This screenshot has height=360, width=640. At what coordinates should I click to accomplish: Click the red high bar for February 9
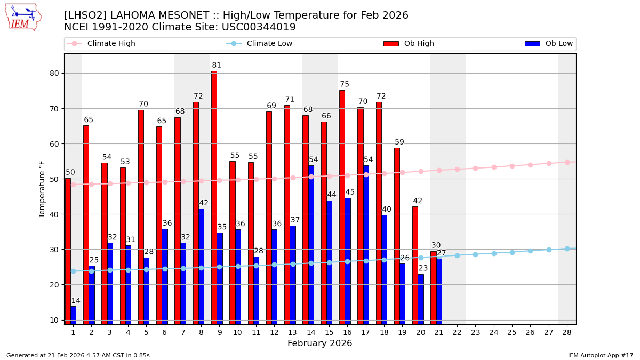point(214,197)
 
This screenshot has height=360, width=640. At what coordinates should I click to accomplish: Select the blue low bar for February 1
point(73,315)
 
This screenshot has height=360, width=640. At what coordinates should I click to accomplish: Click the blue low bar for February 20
point(421,299)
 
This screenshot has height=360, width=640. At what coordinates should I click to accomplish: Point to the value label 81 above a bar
point(217,66)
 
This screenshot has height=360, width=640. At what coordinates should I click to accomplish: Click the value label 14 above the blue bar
point(76,301)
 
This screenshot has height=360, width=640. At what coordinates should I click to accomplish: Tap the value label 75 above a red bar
point(345,84)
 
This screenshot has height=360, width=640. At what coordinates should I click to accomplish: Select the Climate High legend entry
point(111,44)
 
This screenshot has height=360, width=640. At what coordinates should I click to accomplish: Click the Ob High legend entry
point(419,44)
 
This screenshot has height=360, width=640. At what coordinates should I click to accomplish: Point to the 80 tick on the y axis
point(54,74)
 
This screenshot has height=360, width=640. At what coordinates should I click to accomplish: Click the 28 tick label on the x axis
point(567,332)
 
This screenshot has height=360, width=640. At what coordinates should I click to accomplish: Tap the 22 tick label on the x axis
point(457,332)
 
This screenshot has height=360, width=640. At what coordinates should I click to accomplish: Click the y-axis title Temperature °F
point(42,189)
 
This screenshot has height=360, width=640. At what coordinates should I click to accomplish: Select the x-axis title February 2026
point(320,343)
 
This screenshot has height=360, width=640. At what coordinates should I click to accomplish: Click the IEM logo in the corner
point(23,17)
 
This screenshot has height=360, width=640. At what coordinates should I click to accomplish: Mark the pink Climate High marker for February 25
point(512,166)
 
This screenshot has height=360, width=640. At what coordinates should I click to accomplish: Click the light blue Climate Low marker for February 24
point(494,253)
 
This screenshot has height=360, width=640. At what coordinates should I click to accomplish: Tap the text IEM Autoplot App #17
point(601,355)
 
